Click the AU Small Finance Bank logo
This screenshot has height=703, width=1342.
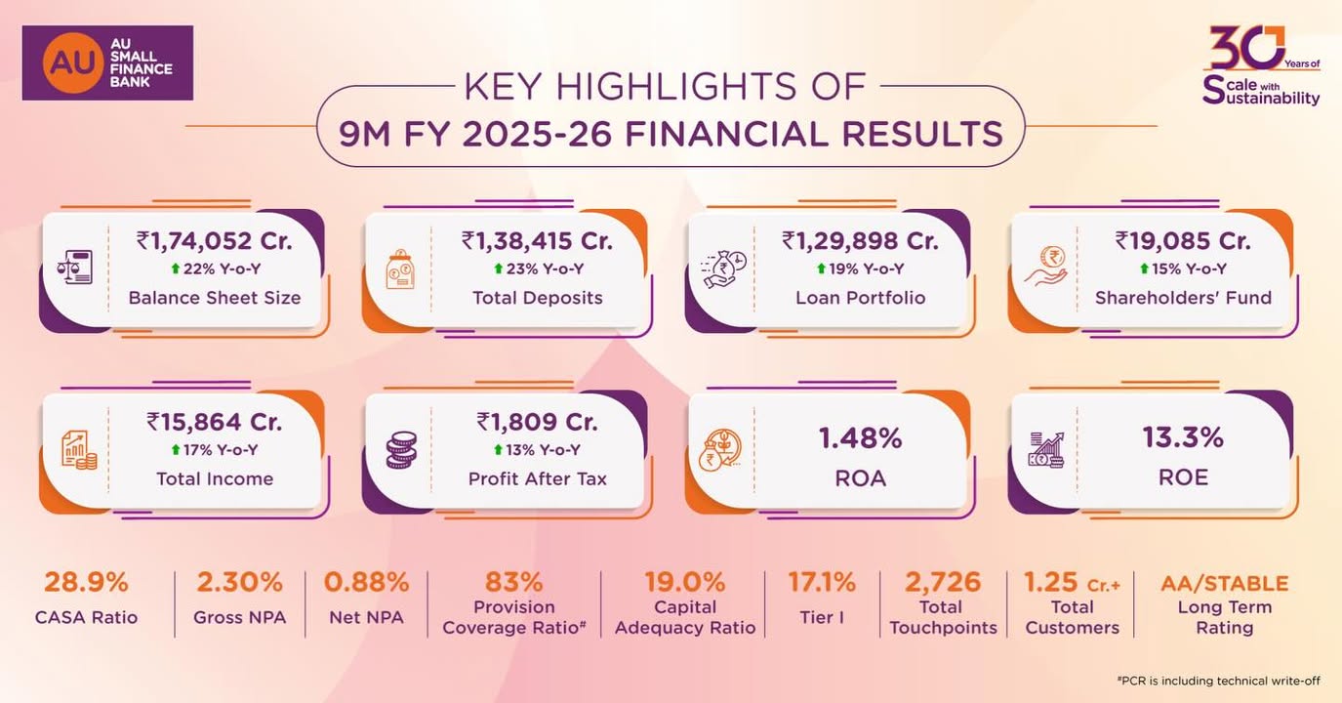point(107,62)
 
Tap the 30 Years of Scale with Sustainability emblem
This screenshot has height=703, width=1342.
point(1260,65)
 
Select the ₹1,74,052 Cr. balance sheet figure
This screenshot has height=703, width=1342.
point(215,240)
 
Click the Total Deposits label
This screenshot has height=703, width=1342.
point(538,298)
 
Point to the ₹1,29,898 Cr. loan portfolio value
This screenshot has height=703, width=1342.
point(860,240)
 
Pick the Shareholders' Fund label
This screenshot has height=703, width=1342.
point(1183,298)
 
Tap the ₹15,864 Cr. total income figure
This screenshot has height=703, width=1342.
point(215,422)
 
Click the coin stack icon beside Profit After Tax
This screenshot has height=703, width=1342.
point(401,451)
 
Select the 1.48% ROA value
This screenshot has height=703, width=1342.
point(860,438)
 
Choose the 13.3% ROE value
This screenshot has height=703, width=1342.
point(1183,438)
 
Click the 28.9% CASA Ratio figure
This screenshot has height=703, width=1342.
point(86,583)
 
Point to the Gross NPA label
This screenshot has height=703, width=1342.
point(239,617)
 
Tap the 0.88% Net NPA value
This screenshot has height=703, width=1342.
point(366,583)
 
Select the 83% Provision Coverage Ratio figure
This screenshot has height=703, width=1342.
point(514,583)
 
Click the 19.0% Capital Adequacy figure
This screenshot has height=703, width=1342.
point(685,583)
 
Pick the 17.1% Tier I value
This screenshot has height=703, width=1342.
point(822,583)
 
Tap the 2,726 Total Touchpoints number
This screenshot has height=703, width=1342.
point(943,583)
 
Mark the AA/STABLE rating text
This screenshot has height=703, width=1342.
point(1224,584)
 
